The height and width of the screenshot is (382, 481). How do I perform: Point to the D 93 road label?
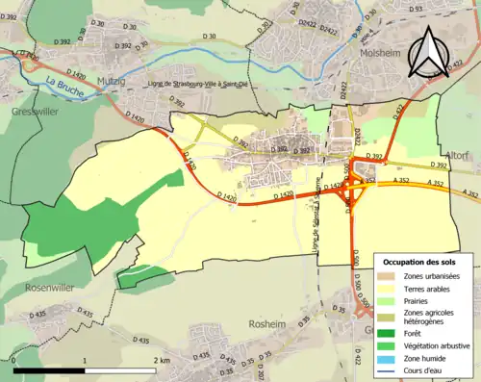(416, 9)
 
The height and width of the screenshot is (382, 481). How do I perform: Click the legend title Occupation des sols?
(422, 262)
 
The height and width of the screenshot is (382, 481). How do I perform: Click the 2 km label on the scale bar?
(162, 360)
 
